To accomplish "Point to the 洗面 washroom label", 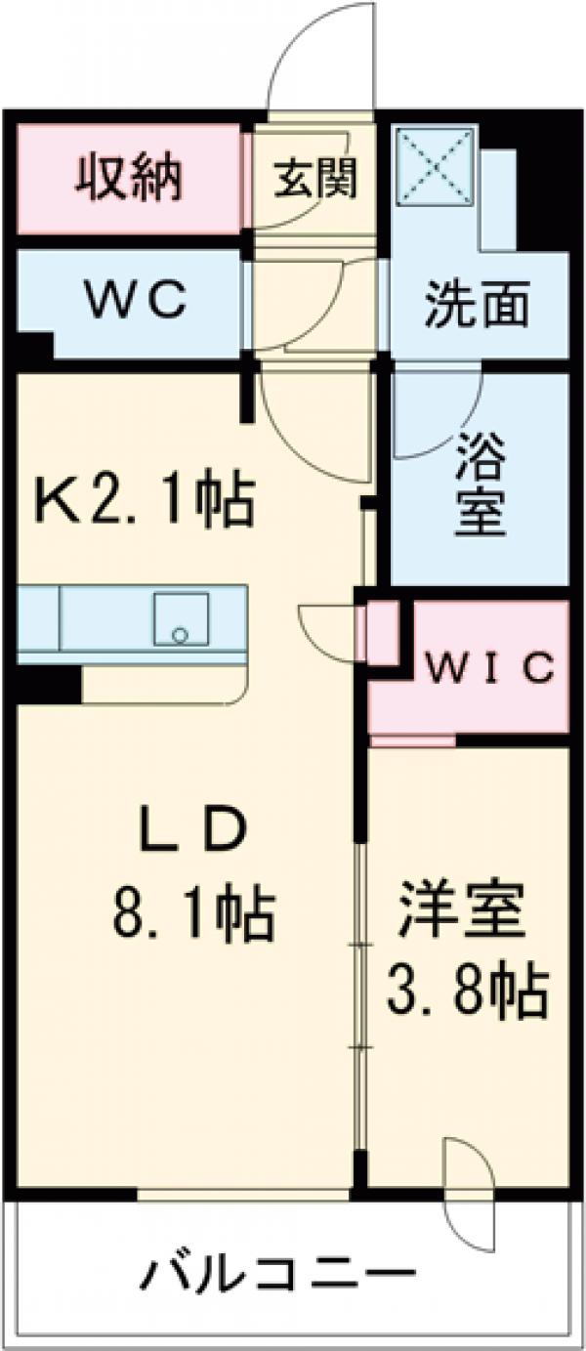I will pyautogui.click(x=477, y=306).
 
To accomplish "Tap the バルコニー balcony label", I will pyautogui.click(x=281, y=1275).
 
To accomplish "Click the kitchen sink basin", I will pyautogui.click(x=180, y=619).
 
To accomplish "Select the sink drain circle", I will pyautogui.click(x=179, y=635).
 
